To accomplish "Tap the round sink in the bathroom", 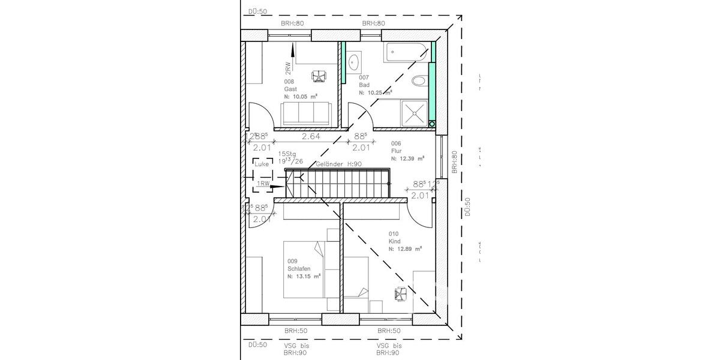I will coord(354,61).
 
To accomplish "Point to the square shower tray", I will coord(414,112).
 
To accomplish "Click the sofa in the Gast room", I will coord(305,113).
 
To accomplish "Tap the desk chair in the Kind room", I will coord(400,293).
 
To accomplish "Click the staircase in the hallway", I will coord(339,183).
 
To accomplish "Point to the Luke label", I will coord(262,164).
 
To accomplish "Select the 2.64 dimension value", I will coord(311,136).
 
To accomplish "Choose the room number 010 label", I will coord(394,234).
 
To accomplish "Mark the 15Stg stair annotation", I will coord(287,154).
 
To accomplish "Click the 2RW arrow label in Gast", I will coord(288,68).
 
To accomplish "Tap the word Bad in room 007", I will coord(364,85).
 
